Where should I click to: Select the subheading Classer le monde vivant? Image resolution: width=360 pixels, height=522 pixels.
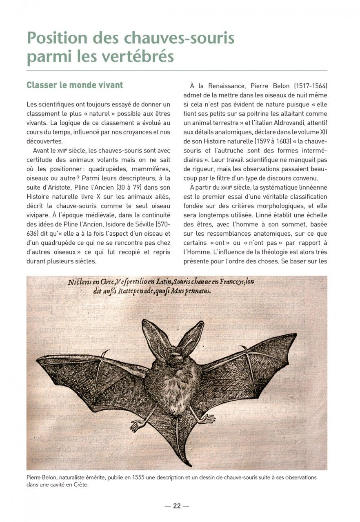point(75,85)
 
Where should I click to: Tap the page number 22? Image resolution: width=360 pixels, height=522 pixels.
point(177,506)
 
